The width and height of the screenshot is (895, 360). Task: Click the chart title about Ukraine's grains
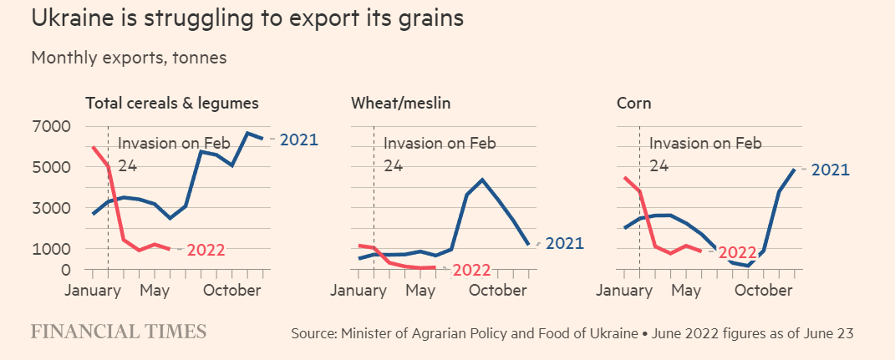(x=247, y=19)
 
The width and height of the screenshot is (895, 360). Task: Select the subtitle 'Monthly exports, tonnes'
(x=129, y=58)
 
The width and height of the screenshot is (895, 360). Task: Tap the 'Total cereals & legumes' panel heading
(x=172, y=104)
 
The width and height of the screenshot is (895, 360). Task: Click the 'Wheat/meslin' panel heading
(x=399, y=104)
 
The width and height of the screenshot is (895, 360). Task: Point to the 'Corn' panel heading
(x=633, y=104)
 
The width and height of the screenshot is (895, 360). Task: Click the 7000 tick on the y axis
(x=52, y=127)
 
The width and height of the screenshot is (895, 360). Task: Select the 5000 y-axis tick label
(x=52, y=167)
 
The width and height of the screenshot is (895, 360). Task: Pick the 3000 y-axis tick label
(x=52, y=208)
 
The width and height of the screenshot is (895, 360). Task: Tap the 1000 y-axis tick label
(x=52, y=249)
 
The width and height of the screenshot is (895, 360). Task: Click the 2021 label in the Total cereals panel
(x=298, y=139)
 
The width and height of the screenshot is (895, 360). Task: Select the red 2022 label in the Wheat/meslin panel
(x=471, y=270)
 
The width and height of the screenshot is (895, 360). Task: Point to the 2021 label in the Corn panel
(x=830, y=170)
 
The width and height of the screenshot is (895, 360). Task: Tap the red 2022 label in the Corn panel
(x=737, y=252)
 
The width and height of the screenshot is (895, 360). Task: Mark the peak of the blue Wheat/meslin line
(x=482, y=180)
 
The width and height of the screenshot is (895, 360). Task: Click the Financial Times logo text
(x=119, y=332)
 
